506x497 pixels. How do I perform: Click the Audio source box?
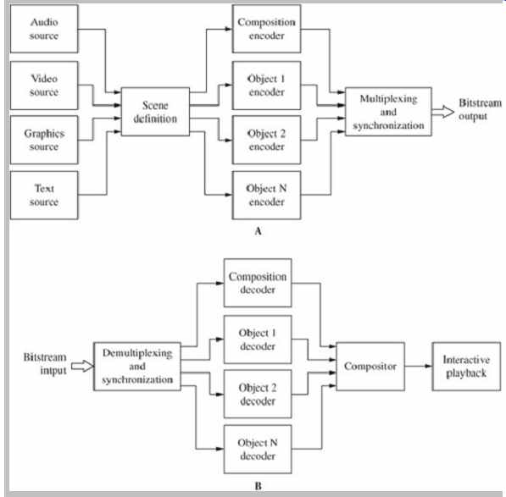tap(44, 29)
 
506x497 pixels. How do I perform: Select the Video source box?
tap(44, 86)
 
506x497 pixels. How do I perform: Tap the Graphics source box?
tap(44, 140)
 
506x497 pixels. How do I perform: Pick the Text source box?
tap(44, 196)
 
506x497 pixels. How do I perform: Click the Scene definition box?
tap(155, 112)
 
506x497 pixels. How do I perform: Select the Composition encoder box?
tap(266, 29)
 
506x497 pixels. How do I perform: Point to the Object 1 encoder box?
tap(266, 86)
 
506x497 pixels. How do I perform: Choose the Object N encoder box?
tap(266, 196)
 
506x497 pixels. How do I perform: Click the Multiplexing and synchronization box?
tap(388, 112)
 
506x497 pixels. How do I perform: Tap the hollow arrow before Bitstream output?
tap(442, 112)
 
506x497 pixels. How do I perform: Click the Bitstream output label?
tap(480, 109)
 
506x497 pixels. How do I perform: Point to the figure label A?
tap(258, 231)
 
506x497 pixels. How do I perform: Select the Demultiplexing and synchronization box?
tap(137, 367)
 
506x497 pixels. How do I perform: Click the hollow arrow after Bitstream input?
tap(82, 367)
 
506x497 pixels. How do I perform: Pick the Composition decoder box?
tap(258, 283)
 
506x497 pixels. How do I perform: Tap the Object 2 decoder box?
tap(258, 394)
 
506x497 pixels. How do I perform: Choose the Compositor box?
tap(370, 367)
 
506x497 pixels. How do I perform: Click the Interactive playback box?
tap(466, 367)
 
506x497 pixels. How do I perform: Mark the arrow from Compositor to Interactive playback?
tap(418, 366)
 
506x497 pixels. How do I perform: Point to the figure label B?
tap(259, 486)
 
